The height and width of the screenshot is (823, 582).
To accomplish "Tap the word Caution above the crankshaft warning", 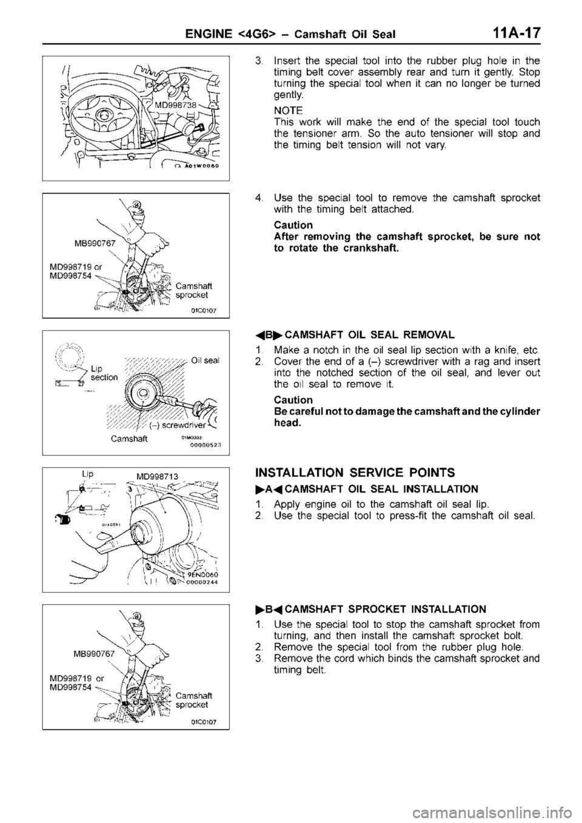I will (290, 224).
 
